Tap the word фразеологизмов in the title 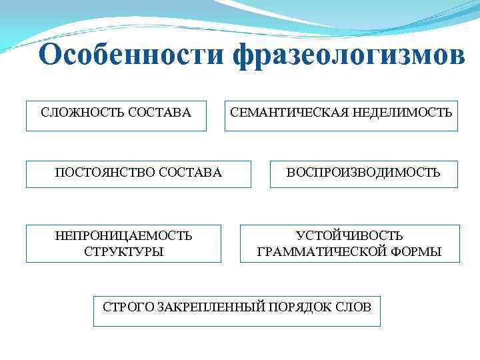click(x=349, y=57)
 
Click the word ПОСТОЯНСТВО click(x=105, y=173)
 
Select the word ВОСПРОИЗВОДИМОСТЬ click(x=363, y=173)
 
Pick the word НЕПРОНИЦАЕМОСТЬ click(x=124, y=235)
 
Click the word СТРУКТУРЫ click(x=124, y=251)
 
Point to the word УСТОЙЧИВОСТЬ click(x=349, y=235)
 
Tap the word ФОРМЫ click(x=418, y=251)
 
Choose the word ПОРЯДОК click(x=301, y=307)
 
